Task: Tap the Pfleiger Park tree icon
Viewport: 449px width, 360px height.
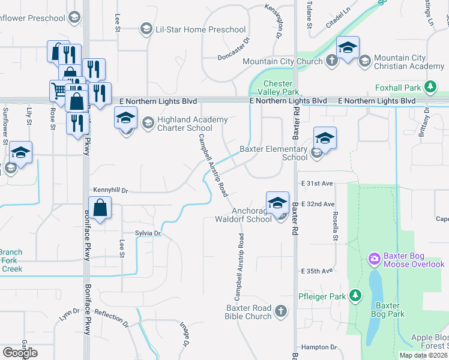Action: tap(356, 296)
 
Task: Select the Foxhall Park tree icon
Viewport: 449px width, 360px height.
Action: tap(430, 87)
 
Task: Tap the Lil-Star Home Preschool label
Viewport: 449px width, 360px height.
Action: tap(200, 29)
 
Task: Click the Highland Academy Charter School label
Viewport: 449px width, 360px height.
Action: tap(185, 124)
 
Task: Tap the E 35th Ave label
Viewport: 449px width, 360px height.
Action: tap(317, 271)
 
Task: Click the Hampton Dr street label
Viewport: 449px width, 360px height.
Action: tap(319, 347)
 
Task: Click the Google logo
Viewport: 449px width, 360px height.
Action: tap(20, 353)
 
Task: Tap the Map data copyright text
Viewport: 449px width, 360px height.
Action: tap(422, 355)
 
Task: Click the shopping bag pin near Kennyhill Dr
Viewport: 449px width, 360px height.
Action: tap(101, 209)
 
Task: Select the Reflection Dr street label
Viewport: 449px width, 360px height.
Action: tap(112, 318)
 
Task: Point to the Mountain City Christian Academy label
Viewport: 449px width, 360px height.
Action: tap(408, 62)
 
